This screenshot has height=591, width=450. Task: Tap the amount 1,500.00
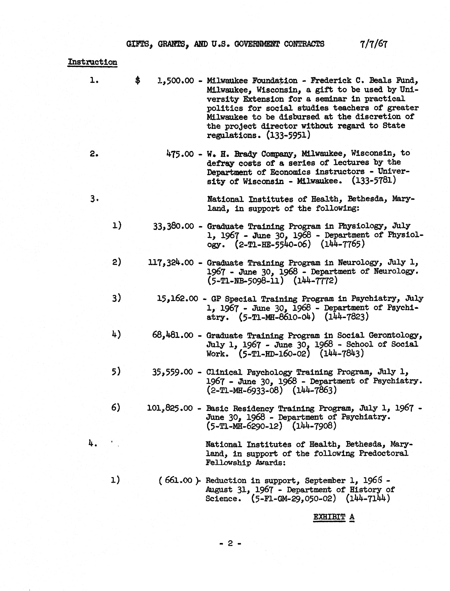point(175,81)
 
